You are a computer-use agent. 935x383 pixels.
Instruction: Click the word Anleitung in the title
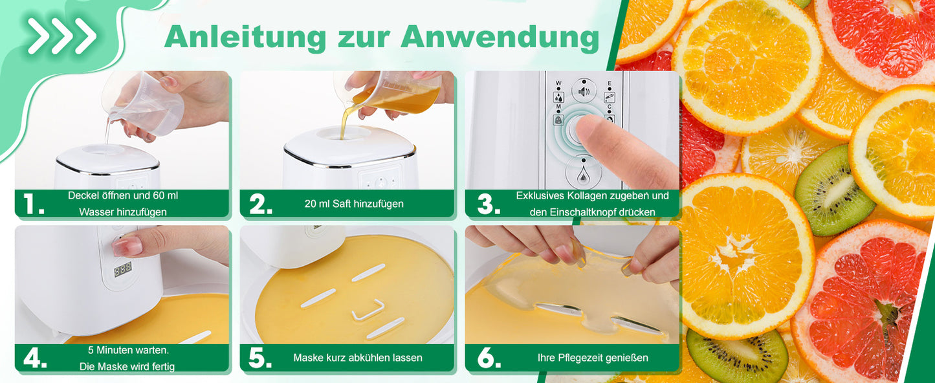[245, 37]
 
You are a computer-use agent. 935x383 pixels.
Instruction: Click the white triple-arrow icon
[61, 36]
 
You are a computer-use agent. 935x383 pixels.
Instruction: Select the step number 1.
[33, 204]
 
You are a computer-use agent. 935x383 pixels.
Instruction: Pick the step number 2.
[261, 204]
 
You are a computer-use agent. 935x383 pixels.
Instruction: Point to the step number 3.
[489, 204]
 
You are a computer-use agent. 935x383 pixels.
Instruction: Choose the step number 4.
[35, 358]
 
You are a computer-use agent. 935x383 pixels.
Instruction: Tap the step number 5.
[260, 358]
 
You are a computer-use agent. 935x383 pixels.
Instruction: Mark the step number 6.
[489, 358]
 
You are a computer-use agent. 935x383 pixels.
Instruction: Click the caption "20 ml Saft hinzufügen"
[354, 204]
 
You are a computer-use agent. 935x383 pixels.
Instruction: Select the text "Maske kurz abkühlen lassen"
[358, 358]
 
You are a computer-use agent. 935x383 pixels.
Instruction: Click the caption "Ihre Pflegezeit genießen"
[593, 358]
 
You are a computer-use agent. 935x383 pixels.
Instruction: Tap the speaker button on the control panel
[584, 91]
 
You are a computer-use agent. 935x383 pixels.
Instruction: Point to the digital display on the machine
[123, 270]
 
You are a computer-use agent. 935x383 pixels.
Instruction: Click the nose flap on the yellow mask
[368, 310]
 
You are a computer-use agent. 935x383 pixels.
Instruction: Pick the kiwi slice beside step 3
[834, 190]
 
